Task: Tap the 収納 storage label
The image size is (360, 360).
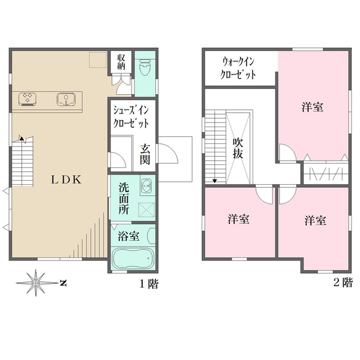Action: point(121,61)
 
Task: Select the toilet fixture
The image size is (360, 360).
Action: point(145,69)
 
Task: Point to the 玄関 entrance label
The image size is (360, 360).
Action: point(146,154)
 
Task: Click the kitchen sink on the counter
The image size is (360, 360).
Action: point(65,98)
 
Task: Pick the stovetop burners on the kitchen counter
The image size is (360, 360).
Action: point(28,98)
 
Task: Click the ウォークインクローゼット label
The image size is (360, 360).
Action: point(239,68)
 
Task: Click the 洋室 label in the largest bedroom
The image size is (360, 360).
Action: point(313,107)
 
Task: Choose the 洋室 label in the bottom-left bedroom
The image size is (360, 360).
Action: point(238,220)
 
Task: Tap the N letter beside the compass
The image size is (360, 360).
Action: point(62,281)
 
